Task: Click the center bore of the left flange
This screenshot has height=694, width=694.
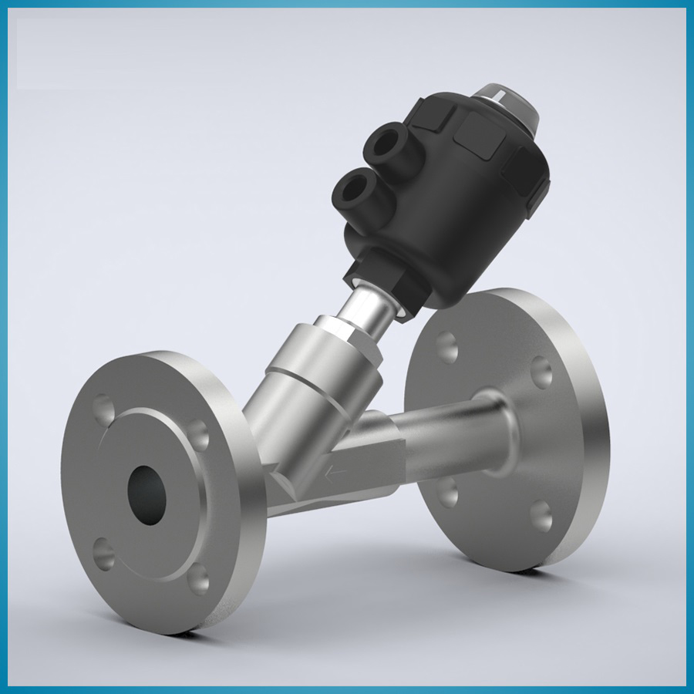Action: (147, 493)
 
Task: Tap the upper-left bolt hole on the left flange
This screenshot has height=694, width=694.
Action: (103, 406)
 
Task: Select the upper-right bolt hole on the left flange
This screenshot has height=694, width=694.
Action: (199, 434)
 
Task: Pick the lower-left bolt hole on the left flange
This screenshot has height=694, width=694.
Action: (103, 551)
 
